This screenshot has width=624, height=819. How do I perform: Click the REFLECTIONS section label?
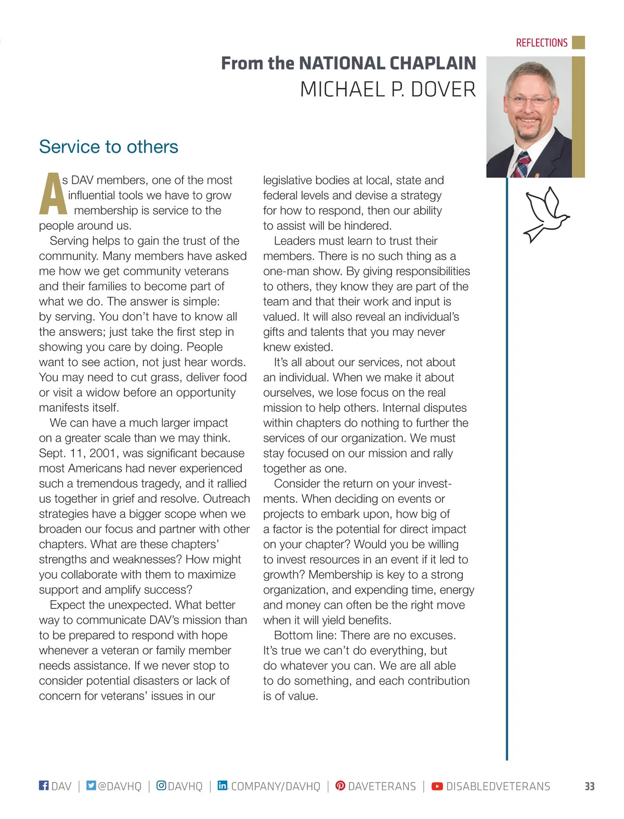click(541, 43)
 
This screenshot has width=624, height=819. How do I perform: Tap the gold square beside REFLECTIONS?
click(578, 43)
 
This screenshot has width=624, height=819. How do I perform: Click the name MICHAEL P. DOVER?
click(387, 89)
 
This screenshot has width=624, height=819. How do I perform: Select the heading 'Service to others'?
click(108, 147)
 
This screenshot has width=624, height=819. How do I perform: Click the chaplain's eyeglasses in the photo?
click(529, 100)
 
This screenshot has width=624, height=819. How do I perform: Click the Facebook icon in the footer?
click(44, 785)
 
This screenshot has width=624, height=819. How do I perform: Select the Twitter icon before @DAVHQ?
click(91, 785)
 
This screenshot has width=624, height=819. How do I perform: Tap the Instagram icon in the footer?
click(161, 785)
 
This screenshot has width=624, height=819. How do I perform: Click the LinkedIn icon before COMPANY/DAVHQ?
click(223, 785)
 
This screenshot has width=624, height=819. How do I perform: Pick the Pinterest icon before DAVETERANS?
click(340, 786)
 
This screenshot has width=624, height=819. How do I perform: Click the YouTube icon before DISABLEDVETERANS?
click(437, 786)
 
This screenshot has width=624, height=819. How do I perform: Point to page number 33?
click(589, 786)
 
